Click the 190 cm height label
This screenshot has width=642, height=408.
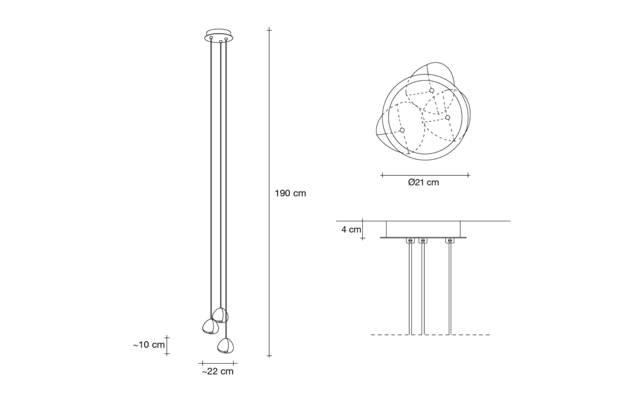click(x=290, y=193)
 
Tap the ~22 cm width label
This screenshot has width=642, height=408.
click(x=218, y=371)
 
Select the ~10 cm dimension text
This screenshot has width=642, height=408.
click(x=149, y=345)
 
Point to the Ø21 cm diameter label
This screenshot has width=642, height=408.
click(x=424, y=182)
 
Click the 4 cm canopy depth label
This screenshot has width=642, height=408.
click(x=351, y=229)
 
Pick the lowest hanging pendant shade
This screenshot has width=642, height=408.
click(x=225, y=346)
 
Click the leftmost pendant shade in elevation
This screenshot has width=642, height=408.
click(x=211, y=327)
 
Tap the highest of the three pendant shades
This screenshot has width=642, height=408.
click(x=221, y=315)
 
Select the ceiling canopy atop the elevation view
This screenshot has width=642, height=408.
click(x=219, y=36)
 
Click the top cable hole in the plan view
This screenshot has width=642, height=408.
click(x=432, y=91)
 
